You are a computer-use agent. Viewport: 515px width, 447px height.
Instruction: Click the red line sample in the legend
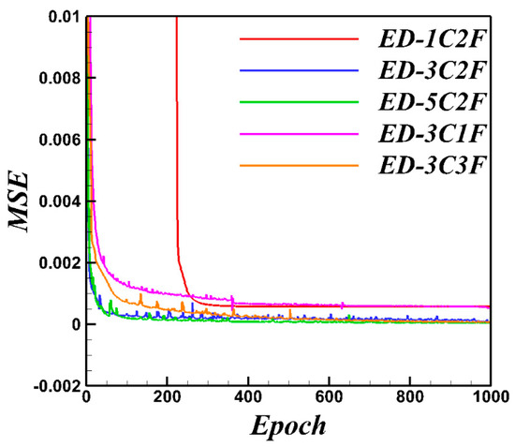pyautogui.click(x=300, y=39)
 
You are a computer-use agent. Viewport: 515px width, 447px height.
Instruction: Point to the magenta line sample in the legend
pyautogui.click(x=300, y=135)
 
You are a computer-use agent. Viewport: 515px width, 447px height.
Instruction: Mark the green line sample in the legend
pyautogui.click(x=300, y=103)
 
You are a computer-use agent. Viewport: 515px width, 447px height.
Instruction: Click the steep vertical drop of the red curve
pyautogui.click(x=176, y=141)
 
